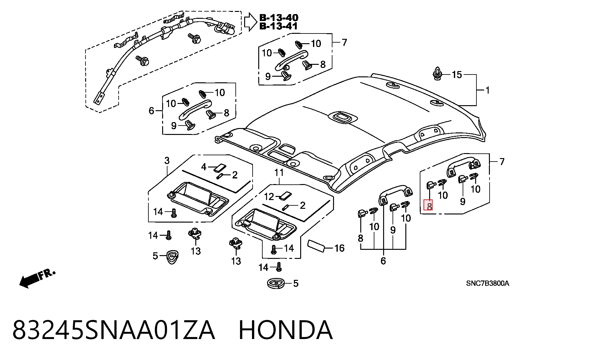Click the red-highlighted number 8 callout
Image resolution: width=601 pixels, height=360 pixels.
point(428,205)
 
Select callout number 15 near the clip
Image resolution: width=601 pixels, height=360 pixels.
point(457,75)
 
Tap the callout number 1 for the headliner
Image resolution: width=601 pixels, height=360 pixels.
point(487,90)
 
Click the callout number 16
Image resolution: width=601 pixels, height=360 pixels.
point(339,248)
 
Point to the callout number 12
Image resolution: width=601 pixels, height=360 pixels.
point(269,197)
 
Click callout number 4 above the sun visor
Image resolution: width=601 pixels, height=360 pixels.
point(204,167)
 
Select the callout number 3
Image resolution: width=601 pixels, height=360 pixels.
point(167,161)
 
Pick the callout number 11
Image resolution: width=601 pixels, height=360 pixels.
point(279,172)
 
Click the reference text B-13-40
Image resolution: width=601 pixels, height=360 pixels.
point(279,18)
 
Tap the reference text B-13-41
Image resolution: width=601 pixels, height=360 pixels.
point(279,26)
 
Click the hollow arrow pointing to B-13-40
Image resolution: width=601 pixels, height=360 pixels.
point(250,22)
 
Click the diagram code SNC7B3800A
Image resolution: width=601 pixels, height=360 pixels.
point(487,284)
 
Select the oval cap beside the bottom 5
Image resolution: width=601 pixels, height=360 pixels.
point(276,283)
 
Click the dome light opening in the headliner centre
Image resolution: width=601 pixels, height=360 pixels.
point(343,117)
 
